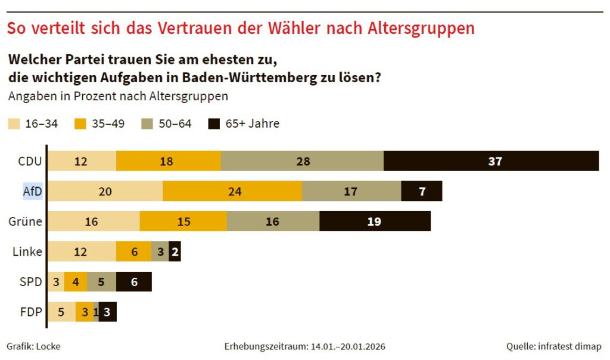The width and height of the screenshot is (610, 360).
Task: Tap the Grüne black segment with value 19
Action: (x=375, y=222)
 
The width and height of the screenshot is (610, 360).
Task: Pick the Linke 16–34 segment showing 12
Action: (x=82, y=252)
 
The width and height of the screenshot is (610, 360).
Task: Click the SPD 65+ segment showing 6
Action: (x=134, y=282)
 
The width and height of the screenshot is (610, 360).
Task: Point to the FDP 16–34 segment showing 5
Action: (x=61, y=312)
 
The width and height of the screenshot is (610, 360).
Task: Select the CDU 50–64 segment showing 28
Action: (x=302, y=161)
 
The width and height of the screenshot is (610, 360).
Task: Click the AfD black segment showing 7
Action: (x=422, y=191)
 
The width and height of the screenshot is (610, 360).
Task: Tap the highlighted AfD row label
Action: (x=32, y=191)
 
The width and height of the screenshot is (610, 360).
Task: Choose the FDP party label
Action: (x=30, y=312)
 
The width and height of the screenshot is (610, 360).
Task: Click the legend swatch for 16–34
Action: (x=14, y=124)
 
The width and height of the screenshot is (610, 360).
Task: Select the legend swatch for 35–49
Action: (x=80, y=124)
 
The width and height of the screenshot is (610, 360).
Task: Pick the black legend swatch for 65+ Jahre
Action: (x=214, y=124)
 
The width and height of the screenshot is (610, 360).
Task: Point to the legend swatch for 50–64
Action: (x=147, y=124)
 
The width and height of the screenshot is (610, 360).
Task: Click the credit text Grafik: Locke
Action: (x=33, y=346)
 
